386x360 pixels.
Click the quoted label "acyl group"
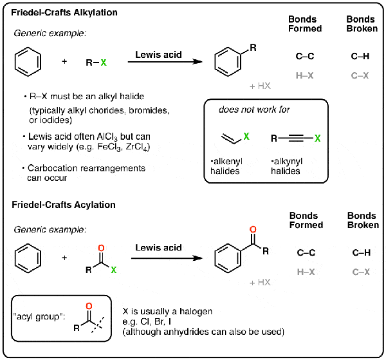pyautogui.click(x=35, y=325)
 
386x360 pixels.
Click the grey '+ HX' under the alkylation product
pyautogui.click(x=261, y=86)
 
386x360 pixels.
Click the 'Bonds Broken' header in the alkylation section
pyautogui.click(x=360, y=25)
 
